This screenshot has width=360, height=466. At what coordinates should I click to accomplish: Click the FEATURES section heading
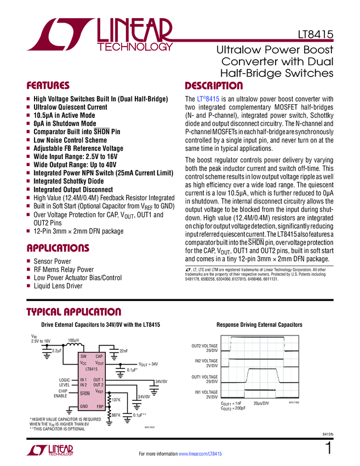[48, 86]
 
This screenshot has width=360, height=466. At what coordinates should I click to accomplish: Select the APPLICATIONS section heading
[58, 248]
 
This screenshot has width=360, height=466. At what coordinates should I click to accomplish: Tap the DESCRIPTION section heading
[214, 86]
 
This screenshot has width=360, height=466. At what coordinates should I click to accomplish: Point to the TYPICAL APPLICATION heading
[74, 312]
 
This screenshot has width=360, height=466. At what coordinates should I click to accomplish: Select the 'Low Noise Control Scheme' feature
[70, 140]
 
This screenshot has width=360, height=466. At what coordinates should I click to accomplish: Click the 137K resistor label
[116, 400]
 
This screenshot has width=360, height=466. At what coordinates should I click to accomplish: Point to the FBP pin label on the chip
[100, 406]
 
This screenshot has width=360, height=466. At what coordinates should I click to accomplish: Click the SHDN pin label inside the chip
[85, 394]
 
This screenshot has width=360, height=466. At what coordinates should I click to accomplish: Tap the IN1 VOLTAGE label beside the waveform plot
[205, 394]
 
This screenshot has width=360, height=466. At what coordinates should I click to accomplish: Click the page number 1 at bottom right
[328, 448]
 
